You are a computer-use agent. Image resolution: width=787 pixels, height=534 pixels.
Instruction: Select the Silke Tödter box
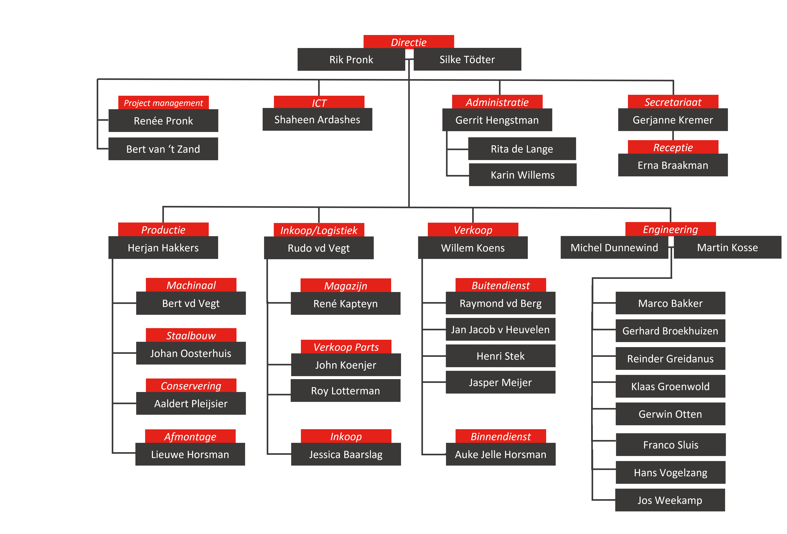point(467,59)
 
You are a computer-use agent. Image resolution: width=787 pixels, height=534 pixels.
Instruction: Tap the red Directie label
point(409,42)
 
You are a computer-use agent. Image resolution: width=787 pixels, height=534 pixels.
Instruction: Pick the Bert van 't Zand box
point(163,149)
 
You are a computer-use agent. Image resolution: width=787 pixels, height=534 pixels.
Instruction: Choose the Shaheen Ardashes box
point(317,119)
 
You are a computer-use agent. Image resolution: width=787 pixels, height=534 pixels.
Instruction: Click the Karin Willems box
point(522,175)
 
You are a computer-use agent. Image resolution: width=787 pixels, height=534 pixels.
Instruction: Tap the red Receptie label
point(673,147)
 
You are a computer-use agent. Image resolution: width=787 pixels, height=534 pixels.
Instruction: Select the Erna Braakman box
point(673,165)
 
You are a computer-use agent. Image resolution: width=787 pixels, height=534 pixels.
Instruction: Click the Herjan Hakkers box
point(163,247)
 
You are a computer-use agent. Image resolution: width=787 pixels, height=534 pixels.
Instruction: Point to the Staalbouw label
point(191,335)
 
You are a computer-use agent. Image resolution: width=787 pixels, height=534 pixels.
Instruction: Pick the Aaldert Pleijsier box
point(191,403)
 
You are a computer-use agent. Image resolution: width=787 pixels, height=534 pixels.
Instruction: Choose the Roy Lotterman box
point(345,391)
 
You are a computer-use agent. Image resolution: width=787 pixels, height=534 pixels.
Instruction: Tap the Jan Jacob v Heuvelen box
point(501,329)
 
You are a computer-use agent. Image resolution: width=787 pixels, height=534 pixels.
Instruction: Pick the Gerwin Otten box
point(671,414)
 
